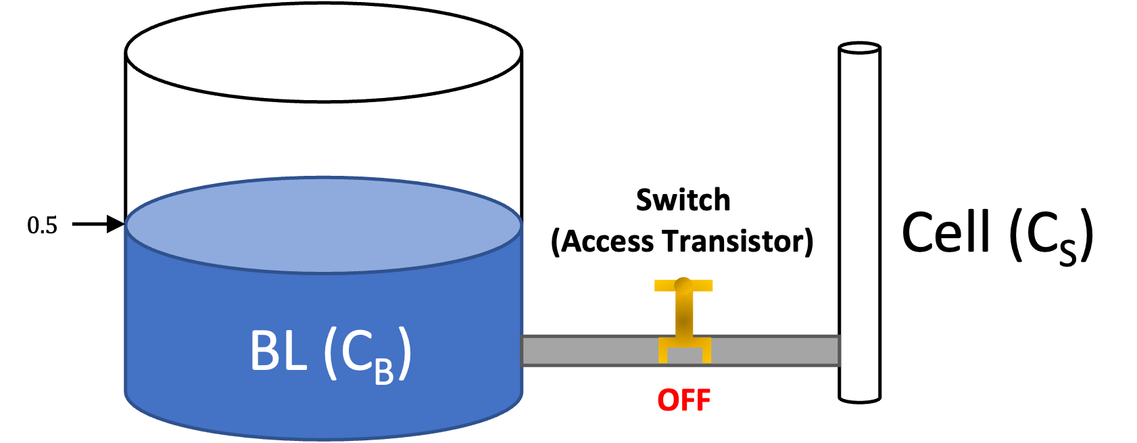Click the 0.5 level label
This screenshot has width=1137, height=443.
click(42, 225)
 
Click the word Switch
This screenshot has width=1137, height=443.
click(683, 200)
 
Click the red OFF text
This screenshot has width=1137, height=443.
click(683, 400)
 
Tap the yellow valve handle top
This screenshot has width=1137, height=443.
click(683, 285)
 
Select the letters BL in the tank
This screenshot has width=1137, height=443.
click(278, 351)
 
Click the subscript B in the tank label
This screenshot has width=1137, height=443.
click(384, 372)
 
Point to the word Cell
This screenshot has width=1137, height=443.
click(946, 233)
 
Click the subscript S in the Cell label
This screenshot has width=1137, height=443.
click(1067, 253)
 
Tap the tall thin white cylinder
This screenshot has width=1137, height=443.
click(859, 223)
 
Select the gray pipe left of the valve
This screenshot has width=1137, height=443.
click(588, 350)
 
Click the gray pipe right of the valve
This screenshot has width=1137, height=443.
click(774, 350)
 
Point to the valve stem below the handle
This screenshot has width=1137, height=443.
click(683, 314)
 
